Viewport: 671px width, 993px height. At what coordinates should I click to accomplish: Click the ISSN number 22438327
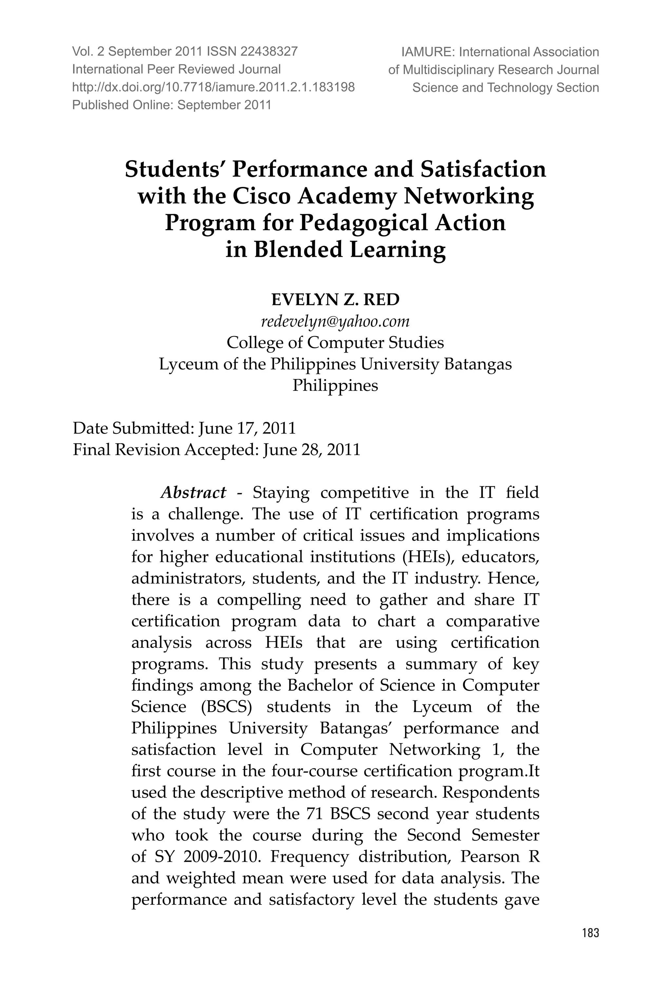269,52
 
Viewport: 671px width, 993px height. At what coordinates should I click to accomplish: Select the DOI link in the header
213,87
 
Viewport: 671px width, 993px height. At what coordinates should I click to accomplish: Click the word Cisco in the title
261,196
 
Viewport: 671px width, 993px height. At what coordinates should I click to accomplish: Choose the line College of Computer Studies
335,342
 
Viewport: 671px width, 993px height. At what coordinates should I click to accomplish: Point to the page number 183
590,945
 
